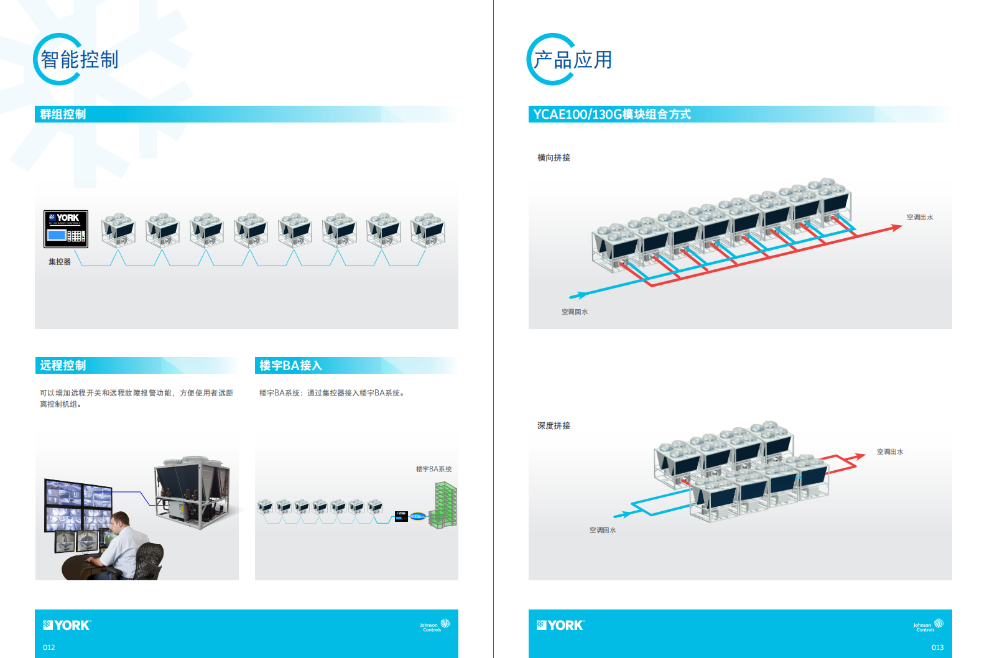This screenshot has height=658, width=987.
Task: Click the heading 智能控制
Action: click(79, 60)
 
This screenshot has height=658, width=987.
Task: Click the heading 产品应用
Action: click(573, 60)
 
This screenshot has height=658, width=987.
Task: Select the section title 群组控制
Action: click(63, 114)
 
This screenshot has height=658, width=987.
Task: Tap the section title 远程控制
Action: click(63, 366)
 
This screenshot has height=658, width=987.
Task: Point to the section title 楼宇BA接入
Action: click(290, 366)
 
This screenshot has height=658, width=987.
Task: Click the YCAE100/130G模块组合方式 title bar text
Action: click(612, 114)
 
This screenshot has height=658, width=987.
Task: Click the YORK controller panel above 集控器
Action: click(66, 229)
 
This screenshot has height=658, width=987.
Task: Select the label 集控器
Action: click(60, 262)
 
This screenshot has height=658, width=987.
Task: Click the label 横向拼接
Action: click(554, 158)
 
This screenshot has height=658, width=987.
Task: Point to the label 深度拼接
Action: click(554, 426)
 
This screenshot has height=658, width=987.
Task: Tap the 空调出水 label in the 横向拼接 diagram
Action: click(919, 218)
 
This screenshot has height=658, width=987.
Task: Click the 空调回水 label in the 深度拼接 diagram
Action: click(602, 531)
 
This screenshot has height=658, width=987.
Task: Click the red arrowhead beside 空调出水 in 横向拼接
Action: click(896, 228)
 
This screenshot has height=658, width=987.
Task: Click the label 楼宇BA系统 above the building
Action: click(433, 470)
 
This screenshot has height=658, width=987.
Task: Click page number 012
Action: click(49, 647)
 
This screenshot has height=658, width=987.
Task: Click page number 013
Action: click(937, 647)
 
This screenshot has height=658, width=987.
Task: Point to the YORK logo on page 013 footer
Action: click(560, 626)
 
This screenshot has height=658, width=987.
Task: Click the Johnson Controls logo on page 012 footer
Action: click(435, 626)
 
